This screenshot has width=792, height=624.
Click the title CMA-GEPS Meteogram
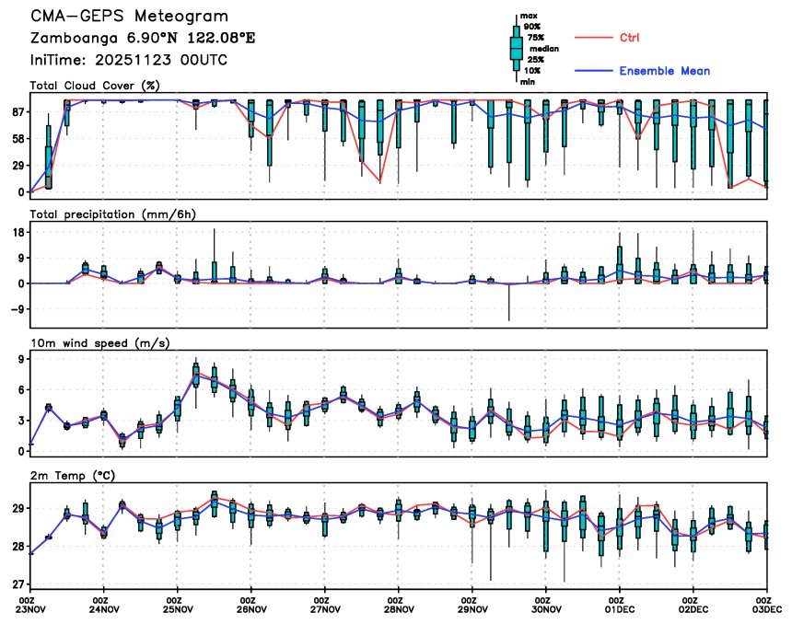click(130, 17)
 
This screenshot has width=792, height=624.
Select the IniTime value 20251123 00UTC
click(160, 60)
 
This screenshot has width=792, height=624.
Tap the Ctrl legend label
click(629, 37)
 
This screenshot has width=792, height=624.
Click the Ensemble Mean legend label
click(664, 71)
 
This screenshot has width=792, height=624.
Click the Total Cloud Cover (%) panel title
click(95, 86)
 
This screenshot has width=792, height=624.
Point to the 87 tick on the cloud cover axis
click(17, 112)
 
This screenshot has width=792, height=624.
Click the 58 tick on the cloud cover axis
click(17, 139)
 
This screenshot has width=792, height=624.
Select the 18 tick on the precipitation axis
click(17, 234)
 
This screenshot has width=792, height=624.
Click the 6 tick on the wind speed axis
click(20, 390)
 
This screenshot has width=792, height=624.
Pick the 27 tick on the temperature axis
click(17, 584)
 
